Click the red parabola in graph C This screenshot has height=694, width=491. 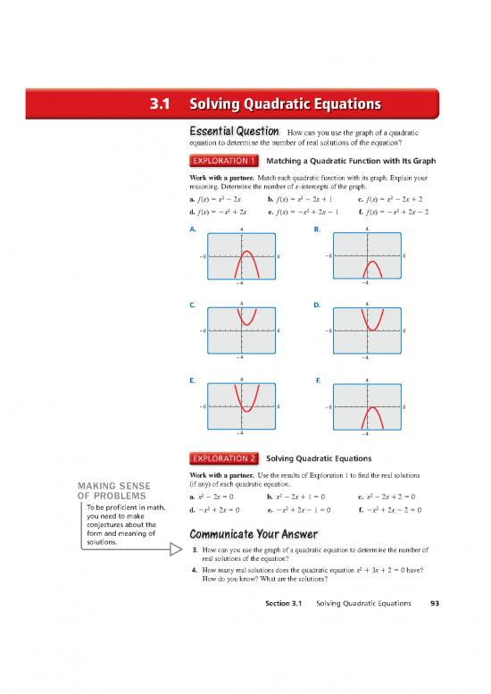[x=247, y=318]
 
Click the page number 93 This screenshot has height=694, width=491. [x=432, y=629]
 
